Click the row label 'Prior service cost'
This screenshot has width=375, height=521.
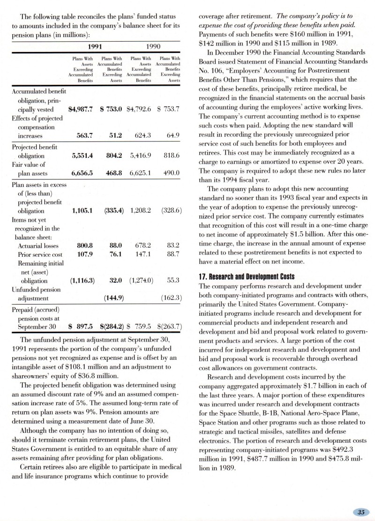pyautogui.click(x=40, y=254)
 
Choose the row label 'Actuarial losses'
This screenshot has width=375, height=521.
pyautogui.click(x=38, y=245)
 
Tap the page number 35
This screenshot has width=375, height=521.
pyautogui.click(x=361, y=512)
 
